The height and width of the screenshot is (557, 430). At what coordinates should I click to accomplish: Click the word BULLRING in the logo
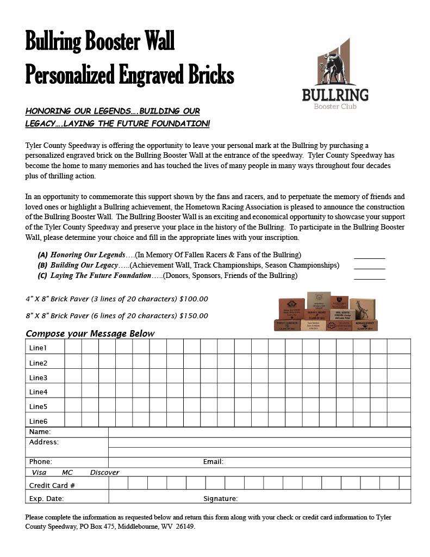pyautogui.click(x=335, y=95)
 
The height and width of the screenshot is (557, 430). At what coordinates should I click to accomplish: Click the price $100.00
pyautogui.click(x=194, y=299)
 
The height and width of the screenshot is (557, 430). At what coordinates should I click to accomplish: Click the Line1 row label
pyautogui.click(x=38, y=348)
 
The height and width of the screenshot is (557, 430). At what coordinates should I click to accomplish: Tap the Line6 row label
pyautogui.click(x=38, y=422)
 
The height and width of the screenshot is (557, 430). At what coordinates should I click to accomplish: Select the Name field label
pyautogui.click(x=40, y=432)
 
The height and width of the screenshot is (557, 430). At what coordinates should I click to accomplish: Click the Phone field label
pyautogui.click(x=41, y=462)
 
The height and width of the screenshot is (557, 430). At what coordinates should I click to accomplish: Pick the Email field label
pyautogui.click(x=213, y=462)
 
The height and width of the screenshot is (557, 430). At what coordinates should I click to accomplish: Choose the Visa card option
pyautogui.click(x=39, y=473)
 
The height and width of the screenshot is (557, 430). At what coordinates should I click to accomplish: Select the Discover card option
pyautogui.click(x=104, y=473)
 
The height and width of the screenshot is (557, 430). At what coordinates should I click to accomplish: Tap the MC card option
pyautogui.click(x=67, y=473)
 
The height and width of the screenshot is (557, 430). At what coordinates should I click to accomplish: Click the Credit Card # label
pyautogui.click(x=52, y=486)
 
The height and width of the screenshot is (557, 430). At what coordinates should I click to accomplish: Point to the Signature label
pyautogui.click(x=220, y=499)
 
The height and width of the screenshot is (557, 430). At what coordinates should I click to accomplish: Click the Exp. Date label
pyautogui.click(x=46, y=499)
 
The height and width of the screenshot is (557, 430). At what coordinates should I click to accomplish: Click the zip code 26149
pyautogui.click(x=185, y=527)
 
